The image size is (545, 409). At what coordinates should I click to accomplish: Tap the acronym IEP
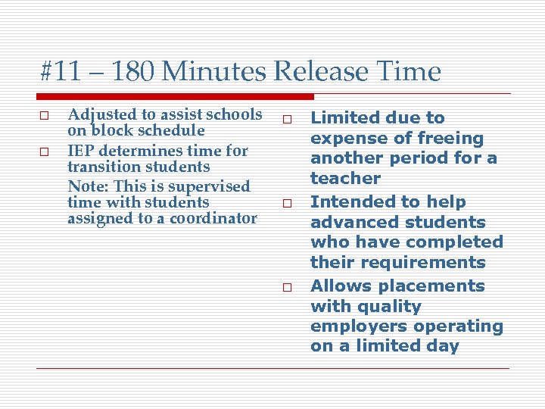click(82, 151)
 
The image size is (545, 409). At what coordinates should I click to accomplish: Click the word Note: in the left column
click(86, 186)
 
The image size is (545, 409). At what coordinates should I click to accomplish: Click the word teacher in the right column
click(344, 179)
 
